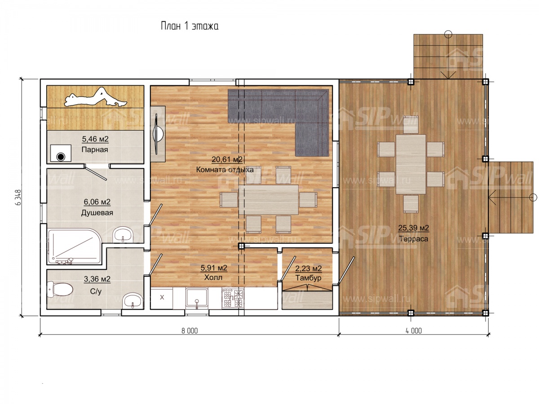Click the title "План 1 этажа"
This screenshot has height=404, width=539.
coord(190,26)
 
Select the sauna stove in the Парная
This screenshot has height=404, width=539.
coord(61,153)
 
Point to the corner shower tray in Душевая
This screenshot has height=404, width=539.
coord(75,246)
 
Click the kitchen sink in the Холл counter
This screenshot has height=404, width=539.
coord(197,297)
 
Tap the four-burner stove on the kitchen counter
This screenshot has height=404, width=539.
coord(233,298)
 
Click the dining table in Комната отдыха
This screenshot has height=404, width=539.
coord(269,200)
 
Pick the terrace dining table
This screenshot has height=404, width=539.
coord(411,164)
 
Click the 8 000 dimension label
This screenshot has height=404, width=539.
coord(190,331)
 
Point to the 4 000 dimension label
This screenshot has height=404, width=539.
coord(414,331)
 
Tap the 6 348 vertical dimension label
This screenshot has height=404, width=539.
coord(19,197)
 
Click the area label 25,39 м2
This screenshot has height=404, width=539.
coord(414,228)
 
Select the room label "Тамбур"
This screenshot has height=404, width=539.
coord(308,278)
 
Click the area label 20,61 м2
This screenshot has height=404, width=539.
coord(227,159)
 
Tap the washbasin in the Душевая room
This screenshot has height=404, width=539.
coord(123,234)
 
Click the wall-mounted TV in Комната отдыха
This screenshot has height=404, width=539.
coord(157,134)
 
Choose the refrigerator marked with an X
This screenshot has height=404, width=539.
coord(162,298)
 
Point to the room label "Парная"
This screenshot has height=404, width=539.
coord(94,149)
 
